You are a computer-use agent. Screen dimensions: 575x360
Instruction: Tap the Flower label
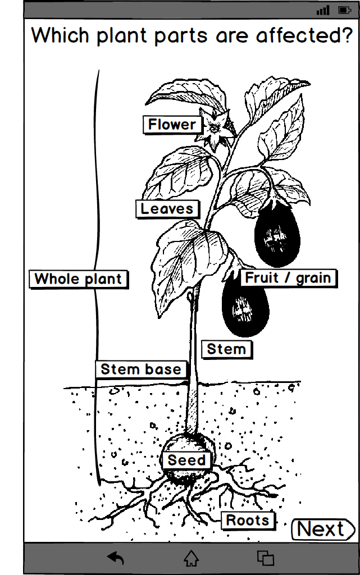[172, 125]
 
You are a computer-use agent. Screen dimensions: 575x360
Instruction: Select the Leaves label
[167, 209]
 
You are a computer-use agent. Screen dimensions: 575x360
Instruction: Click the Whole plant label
[78, 279]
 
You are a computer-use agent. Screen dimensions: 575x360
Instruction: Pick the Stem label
[226, 349]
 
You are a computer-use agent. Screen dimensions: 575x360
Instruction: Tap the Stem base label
[141, 369]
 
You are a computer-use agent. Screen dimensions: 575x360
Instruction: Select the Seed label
[187, 460]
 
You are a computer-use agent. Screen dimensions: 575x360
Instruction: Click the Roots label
[247, 521]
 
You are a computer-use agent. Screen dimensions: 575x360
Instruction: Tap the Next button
[322, 529]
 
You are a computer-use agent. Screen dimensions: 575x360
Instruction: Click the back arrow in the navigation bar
[116, 558]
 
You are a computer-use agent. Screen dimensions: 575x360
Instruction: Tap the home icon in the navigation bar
[192, 558]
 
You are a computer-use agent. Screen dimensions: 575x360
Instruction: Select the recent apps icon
[265, 558]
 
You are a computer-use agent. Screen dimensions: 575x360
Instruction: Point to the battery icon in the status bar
[344, 10]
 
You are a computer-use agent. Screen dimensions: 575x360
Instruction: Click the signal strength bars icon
[323, 10]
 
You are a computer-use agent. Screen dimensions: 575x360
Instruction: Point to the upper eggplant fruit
[277, 233]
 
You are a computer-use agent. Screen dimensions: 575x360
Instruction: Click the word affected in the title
[303, 36]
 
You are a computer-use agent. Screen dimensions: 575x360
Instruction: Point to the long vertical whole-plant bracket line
[97, 225]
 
